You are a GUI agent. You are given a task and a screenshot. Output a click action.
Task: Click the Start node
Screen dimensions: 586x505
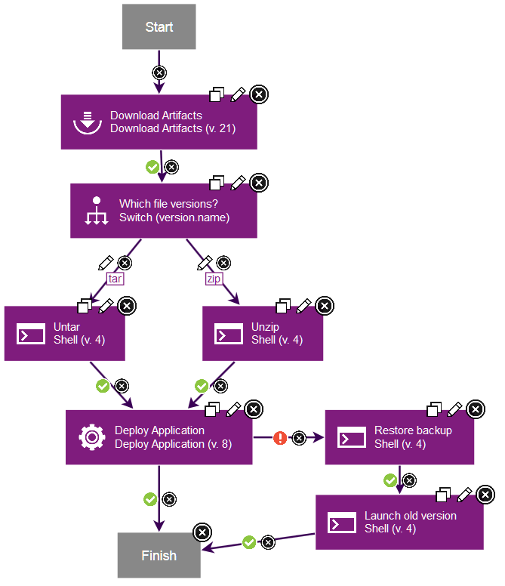pyautogui.click(x=159, y=27)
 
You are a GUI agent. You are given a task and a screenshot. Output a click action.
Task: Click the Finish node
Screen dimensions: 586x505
pyautogui.click(x=159, y=556)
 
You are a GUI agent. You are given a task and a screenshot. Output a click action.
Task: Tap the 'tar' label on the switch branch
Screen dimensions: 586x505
pyautogui.click(x=115, y=279)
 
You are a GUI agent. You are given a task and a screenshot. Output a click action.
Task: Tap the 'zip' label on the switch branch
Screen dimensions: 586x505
pyautogui.click(x=214, y=279)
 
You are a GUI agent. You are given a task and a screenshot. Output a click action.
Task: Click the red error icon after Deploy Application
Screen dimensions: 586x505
pyautogui.click(x=280, y=437)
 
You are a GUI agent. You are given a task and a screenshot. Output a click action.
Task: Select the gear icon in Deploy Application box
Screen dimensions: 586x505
pyautogui.click(x=92, y=437)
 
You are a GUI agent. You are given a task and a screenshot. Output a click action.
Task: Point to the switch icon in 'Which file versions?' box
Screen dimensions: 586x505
pyautogui.click(x=96, y=211)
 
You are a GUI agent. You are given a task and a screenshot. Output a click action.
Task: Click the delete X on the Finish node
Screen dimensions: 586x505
pyautogui.click(x=202, y=532)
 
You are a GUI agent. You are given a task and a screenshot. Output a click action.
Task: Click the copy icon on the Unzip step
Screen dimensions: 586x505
pyautogui.click(x=283, y=305)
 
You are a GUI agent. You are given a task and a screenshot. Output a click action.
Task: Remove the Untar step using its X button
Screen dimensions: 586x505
pyautogui.click(x=127, y=305)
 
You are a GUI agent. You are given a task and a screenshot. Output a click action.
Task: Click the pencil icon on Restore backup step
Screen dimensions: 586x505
pyautogui.click(x=454, y=409)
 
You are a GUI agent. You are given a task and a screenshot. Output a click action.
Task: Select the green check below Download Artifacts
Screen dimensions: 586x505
pyautogui.click(x=152, y=166)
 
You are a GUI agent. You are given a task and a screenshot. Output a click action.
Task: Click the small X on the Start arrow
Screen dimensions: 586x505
pyautogui.click(x=159, y=72)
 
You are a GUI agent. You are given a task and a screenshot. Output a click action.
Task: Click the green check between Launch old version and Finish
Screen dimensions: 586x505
pyautogui.click(x=249, y=541)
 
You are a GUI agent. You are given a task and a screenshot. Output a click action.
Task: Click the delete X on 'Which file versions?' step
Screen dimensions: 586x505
pyautogui.click(x=258, y=183)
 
